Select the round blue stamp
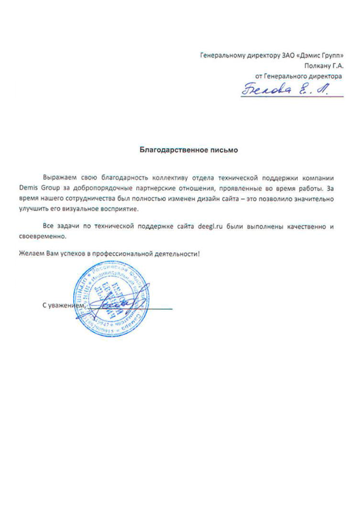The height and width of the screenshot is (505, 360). click(111, 297)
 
